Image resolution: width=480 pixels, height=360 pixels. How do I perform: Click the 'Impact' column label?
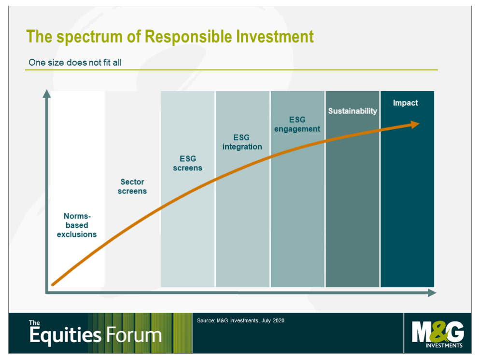tap(405, 103)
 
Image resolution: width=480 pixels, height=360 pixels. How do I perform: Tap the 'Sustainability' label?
tap(353, 111)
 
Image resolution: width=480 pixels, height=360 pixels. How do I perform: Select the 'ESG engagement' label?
tap(297, 124)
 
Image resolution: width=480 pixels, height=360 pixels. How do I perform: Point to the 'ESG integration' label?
tap(242, 142)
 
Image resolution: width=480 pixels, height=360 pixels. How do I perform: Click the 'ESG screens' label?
tap(188, 163)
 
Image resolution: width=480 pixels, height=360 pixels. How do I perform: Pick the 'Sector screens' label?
tap(132, 186)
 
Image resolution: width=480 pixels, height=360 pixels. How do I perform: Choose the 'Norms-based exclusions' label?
tap(77, 225)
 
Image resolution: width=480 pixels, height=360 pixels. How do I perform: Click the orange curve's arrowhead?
tap(415, 124)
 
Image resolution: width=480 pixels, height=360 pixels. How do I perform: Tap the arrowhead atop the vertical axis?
tap(46, 94)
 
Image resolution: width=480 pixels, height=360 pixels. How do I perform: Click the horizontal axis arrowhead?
tap(432, 293)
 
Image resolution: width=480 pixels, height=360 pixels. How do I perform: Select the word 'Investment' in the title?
tap(275, 36)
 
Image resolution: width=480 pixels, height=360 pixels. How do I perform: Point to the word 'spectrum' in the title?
tap(89, 37)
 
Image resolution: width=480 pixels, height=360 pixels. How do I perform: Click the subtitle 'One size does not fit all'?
tap(75, 62)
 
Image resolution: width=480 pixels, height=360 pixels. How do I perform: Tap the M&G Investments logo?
tap(438, 334)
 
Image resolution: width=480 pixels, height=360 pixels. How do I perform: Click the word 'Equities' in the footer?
tap(65, 335)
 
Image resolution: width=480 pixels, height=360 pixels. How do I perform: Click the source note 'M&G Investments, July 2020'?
tap(251, 320)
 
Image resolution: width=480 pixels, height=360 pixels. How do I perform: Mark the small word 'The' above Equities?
tap(34, 323)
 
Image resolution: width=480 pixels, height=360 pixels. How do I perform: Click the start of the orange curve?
tap(53, 284)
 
